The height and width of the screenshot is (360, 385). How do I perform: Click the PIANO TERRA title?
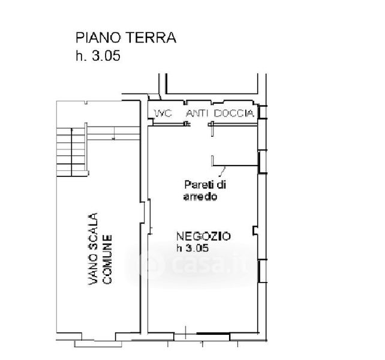[126, 38]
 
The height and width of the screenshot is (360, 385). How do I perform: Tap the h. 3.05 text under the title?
[98, 56]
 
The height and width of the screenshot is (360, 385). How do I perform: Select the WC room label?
[163, 113]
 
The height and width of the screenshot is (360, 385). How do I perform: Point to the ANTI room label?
[197, 113]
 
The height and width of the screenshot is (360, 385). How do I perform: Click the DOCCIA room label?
[234, 113]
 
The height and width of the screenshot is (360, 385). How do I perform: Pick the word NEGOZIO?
[203, 236]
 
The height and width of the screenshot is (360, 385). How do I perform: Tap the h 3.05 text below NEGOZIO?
[192, 248]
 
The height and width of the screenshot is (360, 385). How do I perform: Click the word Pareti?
[197, 185]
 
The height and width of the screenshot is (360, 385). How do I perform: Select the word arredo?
[200, 197]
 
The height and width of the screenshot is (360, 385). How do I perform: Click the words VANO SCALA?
[93, 249]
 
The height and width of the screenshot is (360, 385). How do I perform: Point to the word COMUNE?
[107, 259]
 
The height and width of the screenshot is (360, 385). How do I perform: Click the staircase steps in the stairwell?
[71, 152]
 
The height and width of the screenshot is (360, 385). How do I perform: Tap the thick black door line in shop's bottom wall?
[213, 334]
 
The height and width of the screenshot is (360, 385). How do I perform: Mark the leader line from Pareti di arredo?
[222, 172]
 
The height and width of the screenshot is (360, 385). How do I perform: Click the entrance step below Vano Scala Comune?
[98, 344]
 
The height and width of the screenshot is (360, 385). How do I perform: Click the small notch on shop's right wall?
[255, 231]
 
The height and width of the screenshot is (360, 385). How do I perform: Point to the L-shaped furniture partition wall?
[234, 165]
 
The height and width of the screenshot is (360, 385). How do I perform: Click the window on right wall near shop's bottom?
[262, 271]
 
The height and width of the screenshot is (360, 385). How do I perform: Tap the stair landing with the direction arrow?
[113, 133]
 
